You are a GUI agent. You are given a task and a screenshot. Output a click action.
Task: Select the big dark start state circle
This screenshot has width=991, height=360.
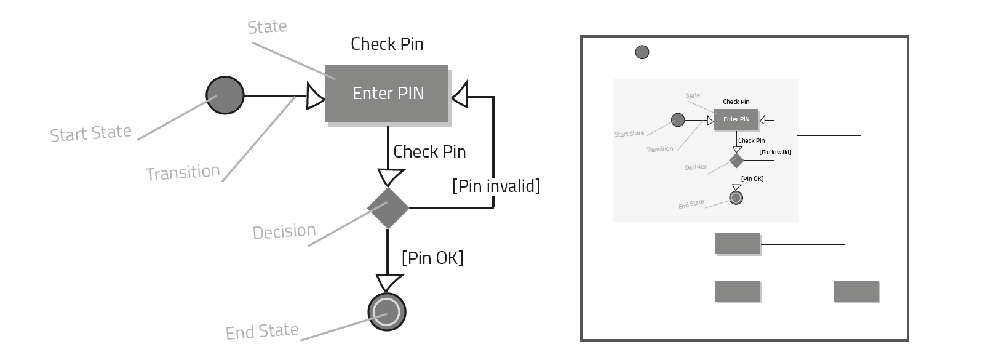(x=225, y=95)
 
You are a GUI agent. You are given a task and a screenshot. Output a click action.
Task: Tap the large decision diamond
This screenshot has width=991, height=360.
(x=388, y=208)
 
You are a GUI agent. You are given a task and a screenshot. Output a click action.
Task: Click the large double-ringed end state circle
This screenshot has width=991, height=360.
(x=387, y=312)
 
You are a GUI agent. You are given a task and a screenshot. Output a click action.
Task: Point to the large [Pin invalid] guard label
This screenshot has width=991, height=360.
(x=496, y=186)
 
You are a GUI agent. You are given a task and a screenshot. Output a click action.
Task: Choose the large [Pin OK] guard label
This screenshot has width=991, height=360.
(x=432, y=257)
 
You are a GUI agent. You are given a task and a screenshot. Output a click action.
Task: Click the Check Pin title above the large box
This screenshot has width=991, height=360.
(x=387, y=44)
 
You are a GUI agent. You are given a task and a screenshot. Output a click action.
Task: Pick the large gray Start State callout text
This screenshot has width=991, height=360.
(x=90, y=134)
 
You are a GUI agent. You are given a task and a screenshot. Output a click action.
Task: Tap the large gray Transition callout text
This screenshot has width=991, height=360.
(x=183, y=172)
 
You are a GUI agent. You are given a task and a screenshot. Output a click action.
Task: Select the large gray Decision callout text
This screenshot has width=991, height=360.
(x=284, y=231)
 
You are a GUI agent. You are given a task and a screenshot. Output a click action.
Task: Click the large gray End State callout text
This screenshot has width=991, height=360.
(x=262, y=332)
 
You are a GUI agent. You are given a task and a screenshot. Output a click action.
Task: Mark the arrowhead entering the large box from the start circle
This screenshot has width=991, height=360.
(x=316, y=96)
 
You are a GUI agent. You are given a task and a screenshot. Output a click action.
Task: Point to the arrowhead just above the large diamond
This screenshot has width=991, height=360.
(x=388, y=178)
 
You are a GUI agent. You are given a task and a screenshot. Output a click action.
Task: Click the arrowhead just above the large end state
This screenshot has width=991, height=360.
(x=388, y=283)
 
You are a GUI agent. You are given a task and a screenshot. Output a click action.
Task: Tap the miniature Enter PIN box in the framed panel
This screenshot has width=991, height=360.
(x=736, y=119)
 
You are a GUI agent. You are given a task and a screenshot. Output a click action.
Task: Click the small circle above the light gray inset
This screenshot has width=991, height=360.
(x=642, y=52)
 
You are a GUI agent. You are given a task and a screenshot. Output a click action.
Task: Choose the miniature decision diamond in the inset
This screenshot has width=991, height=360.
(x=736, y=161)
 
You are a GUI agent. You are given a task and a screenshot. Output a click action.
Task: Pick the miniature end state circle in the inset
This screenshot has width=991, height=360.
(x=736, y=198)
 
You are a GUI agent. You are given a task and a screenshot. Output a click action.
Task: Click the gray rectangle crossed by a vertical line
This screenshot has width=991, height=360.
(x=856, y=291)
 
